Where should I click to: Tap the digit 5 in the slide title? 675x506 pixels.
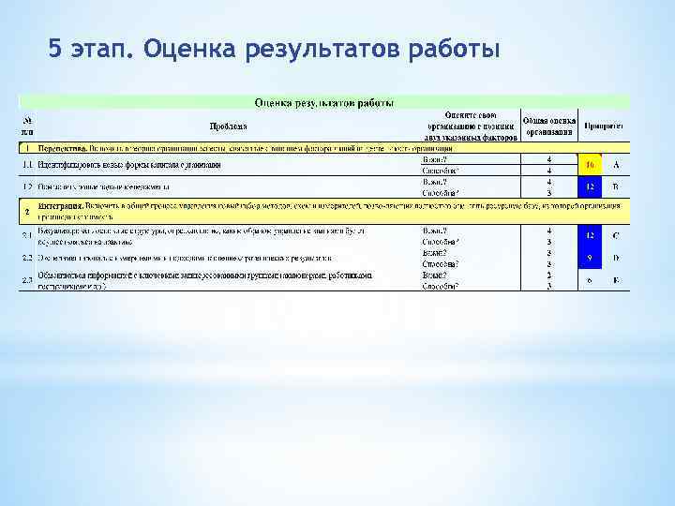55,47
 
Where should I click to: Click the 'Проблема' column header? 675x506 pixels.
229,126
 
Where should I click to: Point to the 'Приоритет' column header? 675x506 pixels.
606,125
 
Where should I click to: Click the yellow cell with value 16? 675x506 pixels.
590,166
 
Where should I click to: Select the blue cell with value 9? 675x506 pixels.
590,257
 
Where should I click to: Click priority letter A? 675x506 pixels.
616,166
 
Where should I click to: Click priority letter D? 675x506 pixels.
616,257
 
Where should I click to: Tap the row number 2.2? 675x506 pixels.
27,257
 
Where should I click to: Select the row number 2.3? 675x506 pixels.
27,279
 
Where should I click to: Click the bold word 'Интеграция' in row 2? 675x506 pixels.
60,204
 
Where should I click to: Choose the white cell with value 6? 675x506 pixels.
590,279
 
